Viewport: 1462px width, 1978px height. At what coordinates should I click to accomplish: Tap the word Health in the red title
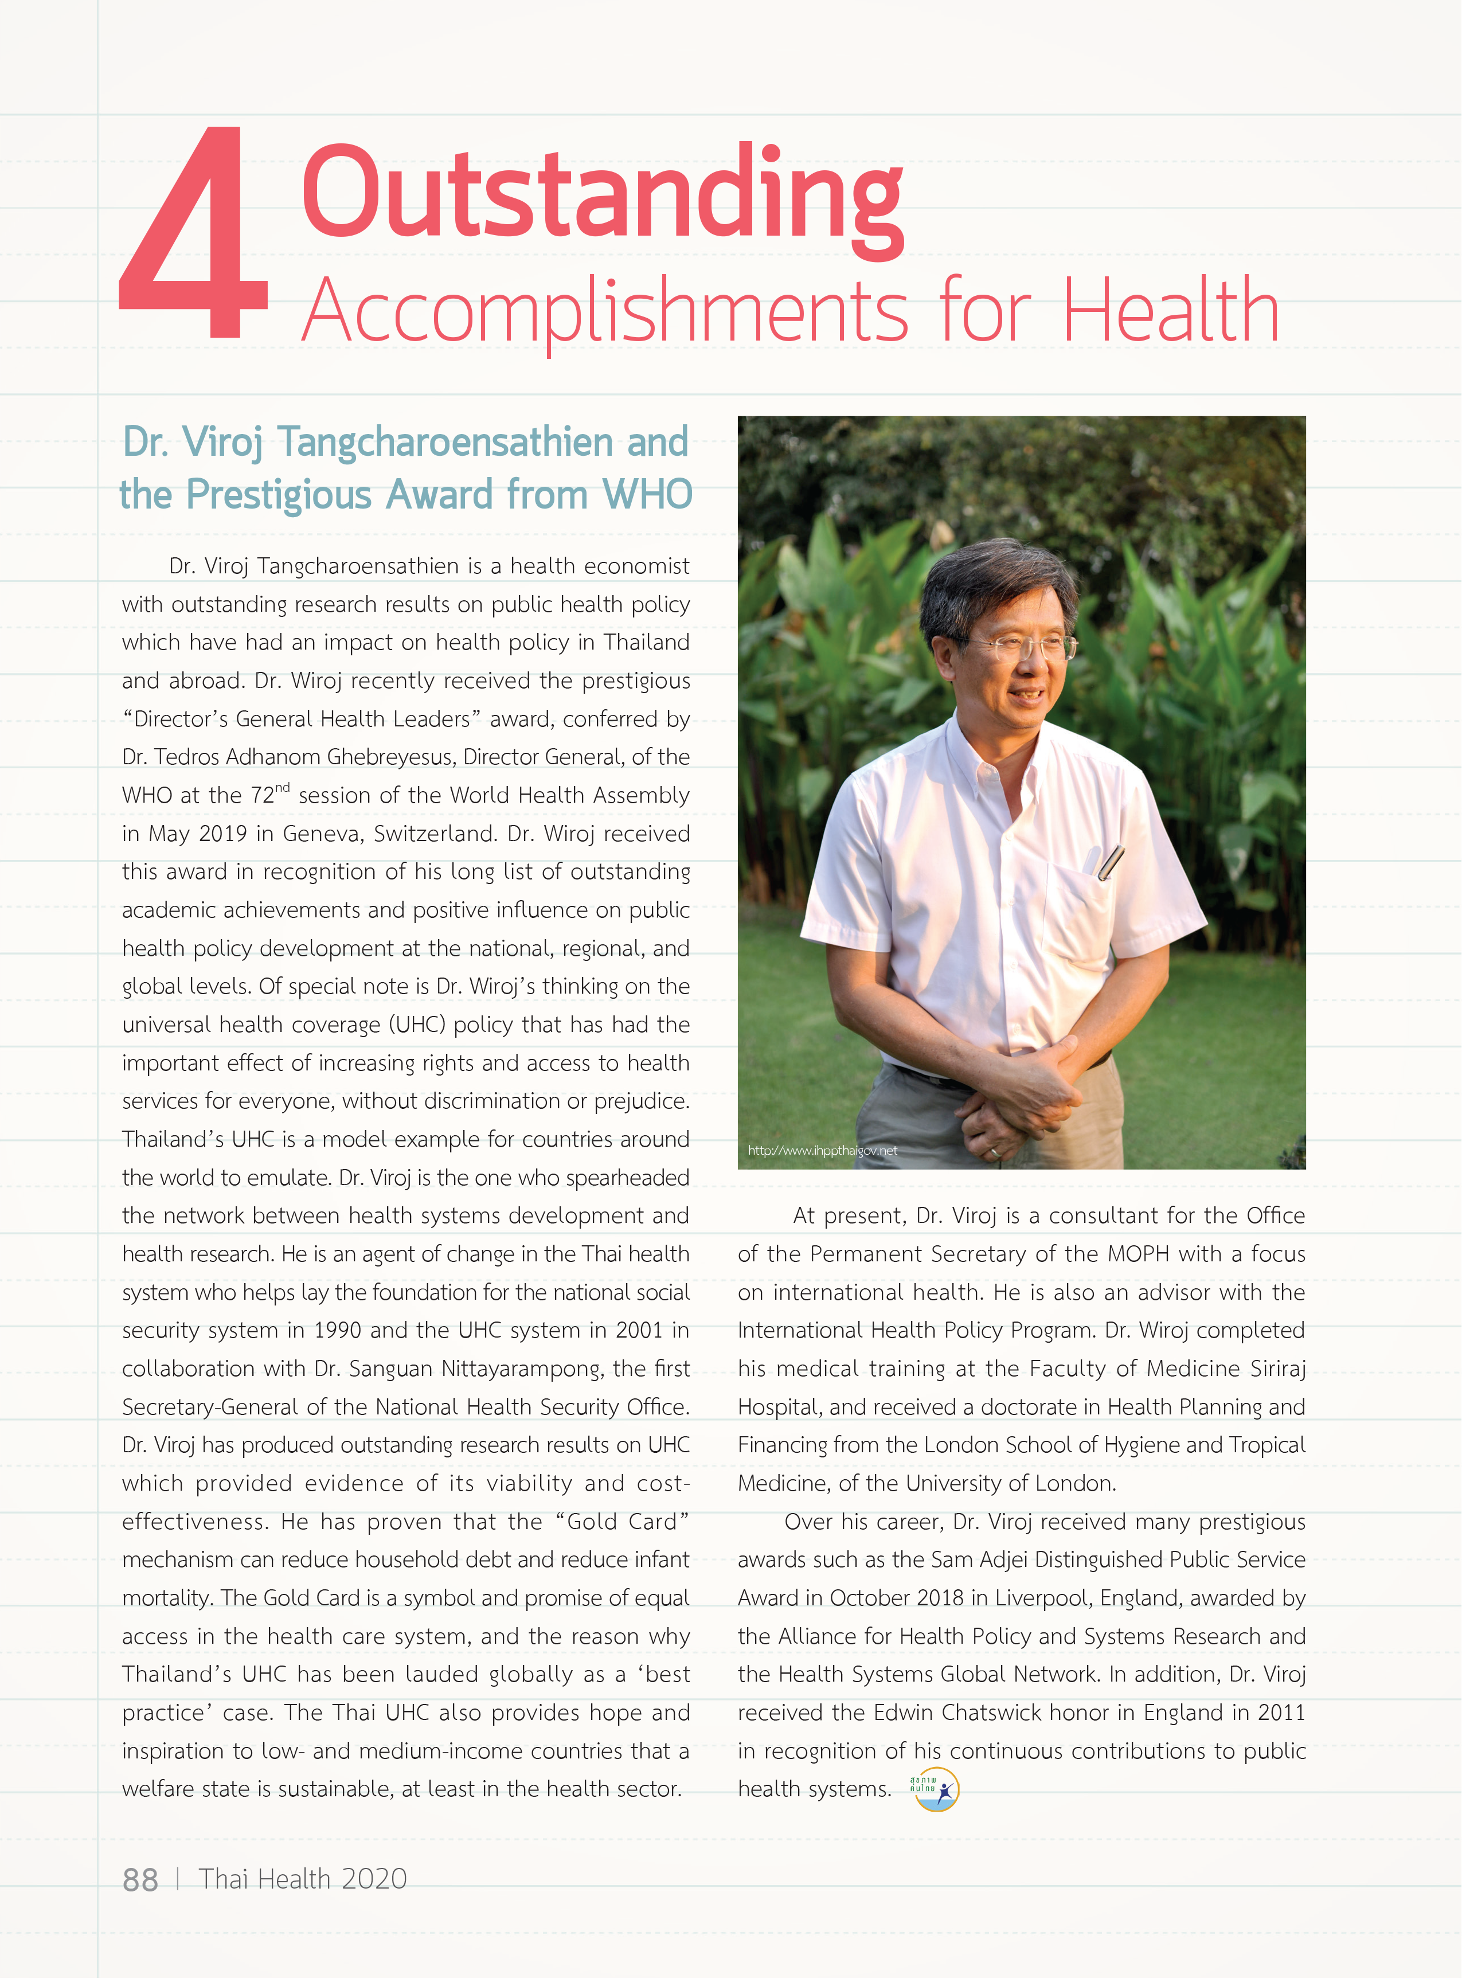[x=1170, y=311]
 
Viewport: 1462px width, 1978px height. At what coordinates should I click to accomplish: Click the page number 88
[x=140, y=1879]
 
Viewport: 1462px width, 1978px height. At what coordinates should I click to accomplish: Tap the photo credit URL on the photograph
[x=822, y=1151]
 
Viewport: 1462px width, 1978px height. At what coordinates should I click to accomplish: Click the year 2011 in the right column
[x=1281, y=1713]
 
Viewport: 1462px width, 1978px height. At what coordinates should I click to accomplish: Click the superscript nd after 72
[x=282, y=787]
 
